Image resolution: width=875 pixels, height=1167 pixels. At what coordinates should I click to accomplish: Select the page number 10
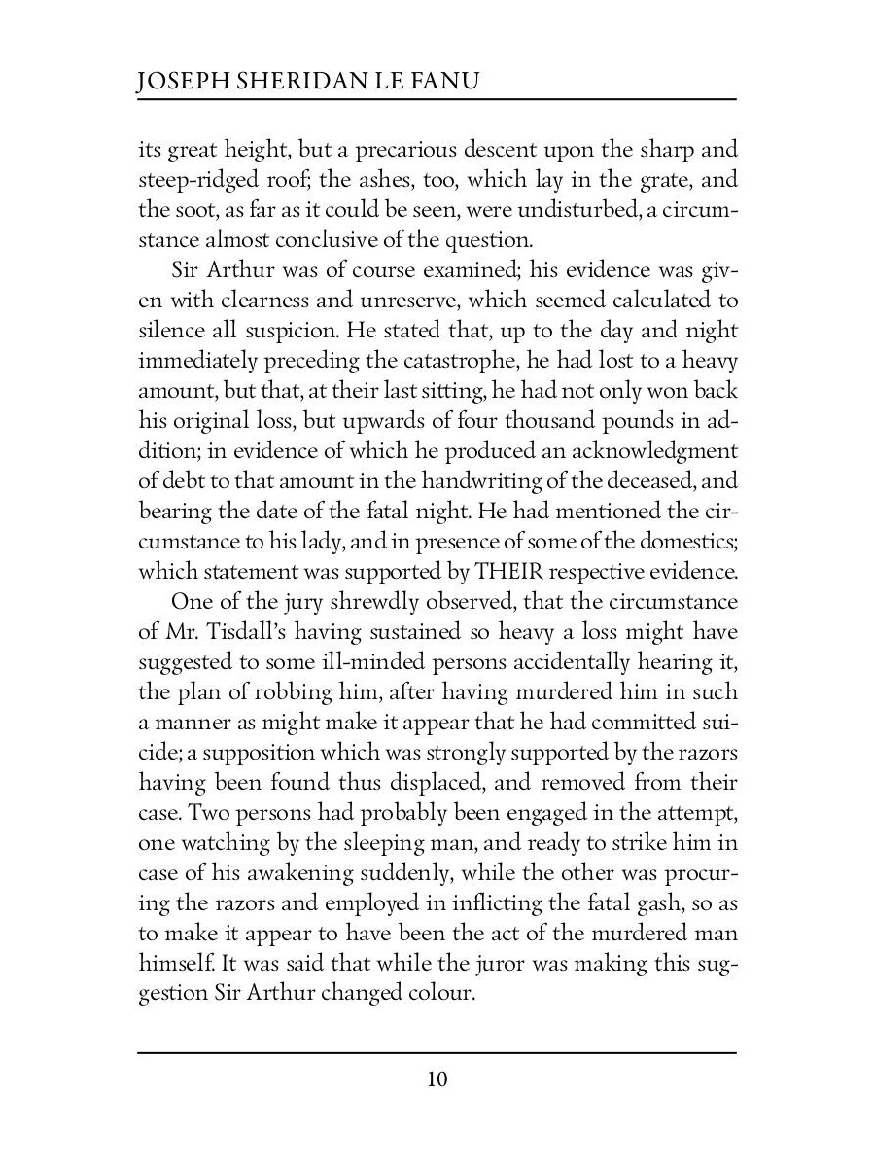pyautogui.click(x=437, y=1079)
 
